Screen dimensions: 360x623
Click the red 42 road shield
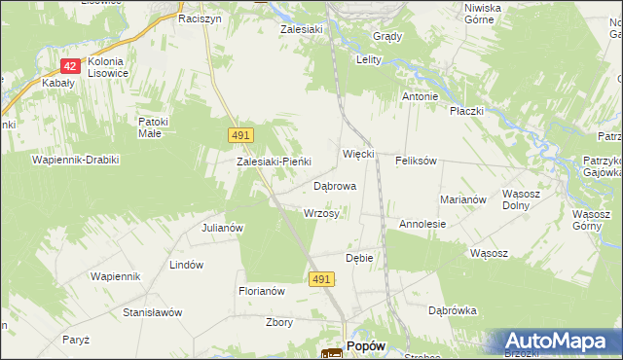69,66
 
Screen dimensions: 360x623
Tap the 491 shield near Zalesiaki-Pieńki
241,133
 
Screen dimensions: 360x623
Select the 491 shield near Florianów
323,279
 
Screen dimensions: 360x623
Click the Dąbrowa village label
334,185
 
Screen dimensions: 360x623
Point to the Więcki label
359,155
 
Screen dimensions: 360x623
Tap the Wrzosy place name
321,213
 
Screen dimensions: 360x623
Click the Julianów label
221,228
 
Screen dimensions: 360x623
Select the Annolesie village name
422,224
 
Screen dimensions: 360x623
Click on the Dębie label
360,258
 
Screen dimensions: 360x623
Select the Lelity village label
367,59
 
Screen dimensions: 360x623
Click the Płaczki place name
467,111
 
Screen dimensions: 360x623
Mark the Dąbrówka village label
453,311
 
